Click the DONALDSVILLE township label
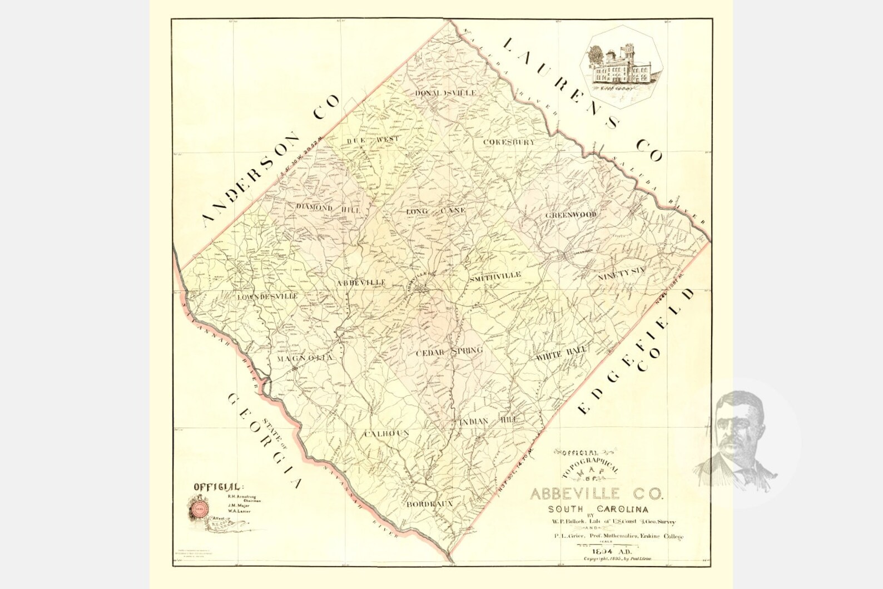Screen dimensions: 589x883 pyautogui.click(x=445, y=93)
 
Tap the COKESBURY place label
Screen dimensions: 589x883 pyautogui.click(x=509, y=142)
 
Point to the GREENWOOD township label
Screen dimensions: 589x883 pyautogui.click(x=571, y=215)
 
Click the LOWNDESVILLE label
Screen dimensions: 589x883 pyautogui.click(x=267, y=296)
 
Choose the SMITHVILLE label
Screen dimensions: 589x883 pyautogui.click(x=495, y=275)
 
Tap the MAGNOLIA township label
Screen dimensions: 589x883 pyautogui.click(x=305, y=359)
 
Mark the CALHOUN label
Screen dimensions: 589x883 pyautogui.click(x=387, y=433)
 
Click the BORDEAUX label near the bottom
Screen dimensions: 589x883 pyautogui.click(x=430, y=504)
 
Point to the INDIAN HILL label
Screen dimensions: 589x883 pyautogui.click(x=489, y=421)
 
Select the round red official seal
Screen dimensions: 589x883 pyautogui.click(x=199, y=507)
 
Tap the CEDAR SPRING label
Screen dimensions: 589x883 pyautogui.click(x=450, y=352)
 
